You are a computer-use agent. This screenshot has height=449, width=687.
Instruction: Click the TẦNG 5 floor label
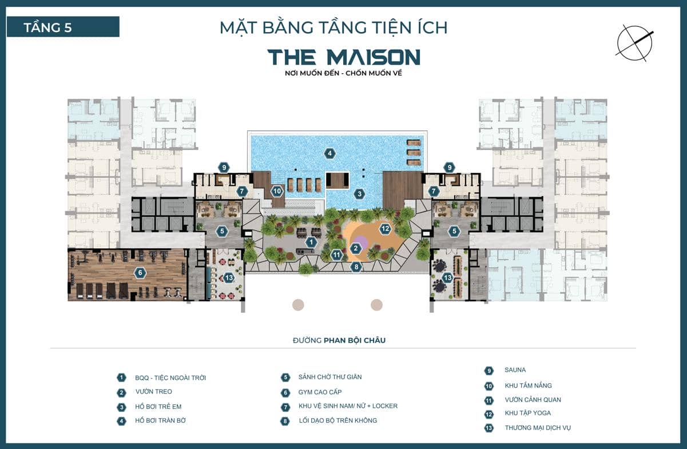48,27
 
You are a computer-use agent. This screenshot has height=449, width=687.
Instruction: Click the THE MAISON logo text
343,57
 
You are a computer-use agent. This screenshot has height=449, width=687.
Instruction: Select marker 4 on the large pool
329,153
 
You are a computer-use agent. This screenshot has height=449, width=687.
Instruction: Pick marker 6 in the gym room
140,273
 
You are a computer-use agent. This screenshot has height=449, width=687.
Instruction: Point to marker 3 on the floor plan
359,193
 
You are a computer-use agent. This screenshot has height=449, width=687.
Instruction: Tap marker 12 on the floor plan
385,229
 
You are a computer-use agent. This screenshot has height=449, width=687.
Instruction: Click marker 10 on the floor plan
277,191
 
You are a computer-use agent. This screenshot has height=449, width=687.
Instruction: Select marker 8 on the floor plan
356,266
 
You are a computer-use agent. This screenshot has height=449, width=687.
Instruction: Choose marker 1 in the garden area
311,242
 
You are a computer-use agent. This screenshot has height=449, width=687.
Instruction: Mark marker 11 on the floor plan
337,255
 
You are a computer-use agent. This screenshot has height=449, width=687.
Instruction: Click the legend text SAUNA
515,370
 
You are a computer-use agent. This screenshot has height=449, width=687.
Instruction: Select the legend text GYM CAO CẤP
320,392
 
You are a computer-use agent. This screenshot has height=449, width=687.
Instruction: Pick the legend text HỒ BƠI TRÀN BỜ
160,420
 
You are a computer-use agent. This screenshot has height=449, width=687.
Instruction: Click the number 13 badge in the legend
489,428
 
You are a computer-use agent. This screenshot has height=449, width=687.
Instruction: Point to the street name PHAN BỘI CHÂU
355,340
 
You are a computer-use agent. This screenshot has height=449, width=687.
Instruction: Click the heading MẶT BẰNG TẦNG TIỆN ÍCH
333,27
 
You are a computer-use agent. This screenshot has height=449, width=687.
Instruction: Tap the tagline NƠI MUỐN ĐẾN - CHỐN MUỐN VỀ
343,73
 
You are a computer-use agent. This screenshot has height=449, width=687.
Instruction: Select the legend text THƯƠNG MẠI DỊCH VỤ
538,428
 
